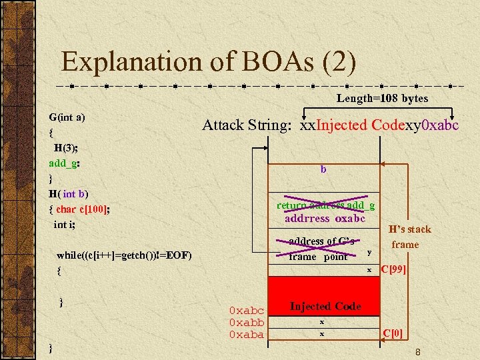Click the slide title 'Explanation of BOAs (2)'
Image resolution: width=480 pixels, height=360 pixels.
[209, 62]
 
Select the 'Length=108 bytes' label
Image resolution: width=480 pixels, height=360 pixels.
[382, 99]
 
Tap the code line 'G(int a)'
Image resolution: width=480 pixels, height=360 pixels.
[67, 117]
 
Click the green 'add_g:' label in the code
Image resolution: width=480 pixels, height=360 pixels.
[65, 163]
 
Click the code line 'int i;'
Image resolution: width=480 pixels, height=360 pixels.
[65, 225]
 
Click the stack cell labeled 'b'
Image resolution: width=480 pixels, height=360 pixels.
[323, 170]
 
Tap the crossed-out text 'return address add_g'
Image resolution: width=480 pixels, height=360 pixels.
[325, 205]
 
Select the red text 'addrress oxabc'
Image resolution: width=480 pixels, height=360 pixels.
[325, 218]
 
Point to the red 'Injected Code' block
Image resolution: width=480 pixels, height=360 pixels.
[325, 306]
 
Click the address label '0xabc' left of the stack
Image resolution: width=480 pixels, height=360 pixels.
[246, 311]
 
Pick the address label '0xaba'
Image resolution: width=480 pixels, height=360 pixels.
[246, 335]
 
